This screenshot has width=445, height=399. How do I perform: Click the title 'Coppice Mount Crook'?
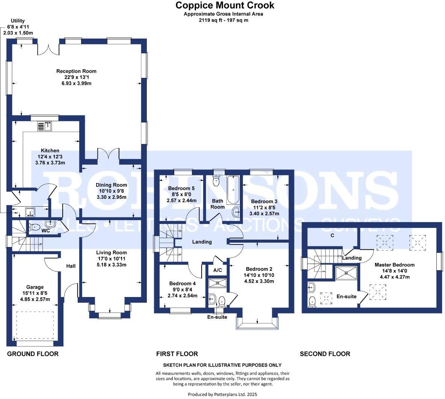225,5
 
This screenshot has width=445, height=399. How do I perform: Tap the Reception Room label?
76,71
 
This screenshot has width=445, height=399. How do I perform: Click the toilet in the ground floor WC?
35,226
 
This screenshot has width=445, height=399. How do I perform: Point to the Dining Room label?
111,185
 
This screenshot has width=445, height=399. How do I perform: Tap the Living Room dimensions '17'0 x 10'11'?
111,259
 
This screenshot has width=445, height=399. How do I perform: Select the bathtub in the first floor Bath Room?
233,185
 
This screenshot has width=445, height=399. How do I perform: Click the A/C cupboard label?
217,270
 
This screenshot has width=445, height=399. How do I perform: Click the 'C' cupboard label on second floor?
332,235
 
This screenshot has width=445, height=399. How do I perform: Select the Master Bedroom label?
394,265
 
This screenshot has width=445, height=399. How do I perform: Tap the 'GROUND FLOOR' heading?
33,354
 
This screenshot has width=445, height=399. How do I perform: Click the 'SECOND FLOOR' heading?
325,354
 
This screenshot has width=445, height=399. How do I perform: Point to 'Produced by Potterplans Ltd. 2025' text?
222,394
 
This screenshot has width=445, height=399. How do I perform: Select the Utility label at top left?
18,21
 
